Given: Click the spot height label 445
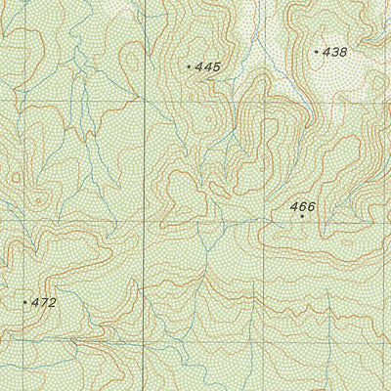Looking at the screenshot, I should coord(208,66).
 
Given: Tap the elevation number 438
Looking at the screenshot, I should coord(335,51).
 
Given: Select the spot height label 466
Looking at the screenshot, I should coord(303,206).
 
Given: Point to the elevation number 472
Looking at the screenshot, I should coord(44,303).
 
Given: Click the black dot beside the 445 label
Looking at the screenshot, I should coord(189,66).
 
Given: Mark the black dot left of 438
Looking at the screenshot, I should coord(317,51).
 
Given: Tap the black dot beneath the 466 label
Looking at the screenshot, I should coord(302,217).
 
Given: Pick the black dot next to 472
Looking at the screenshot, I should coord(25,303).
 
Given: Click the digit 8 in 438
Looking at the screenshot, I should coord(344,51).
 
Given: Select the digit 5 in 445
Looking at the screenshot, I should coord(217,66).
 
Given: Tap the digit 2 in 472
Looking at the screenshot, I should coord(53,303).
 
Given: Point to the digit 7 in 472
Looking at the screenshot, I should coord(44,303).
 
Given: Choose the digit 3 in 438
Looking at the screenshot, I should coord(335,51).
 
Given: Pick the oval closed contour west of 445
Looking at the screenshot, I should coord(127,59).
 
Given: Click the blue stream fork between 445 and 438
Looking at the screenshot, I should coord(256,44).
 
